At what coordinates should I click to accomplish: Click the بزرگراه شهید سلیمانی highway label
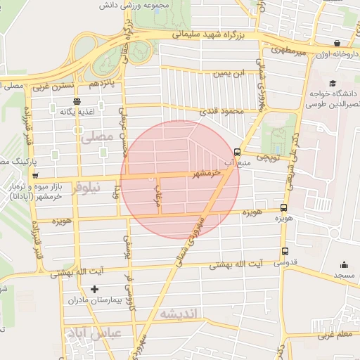[x=209, y=33]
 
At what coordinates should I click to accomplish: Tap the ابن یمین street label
[x=231, y=72]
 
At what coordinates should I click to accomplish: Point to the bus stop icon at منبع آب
[x=236, y=151]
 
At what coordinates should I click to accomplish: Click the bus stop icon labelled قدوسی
[x=285, y=252]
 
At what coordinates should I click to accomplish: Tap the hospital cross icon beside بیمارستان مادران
[x=96, y=289]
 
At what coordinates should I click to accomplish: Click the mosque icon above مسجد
[x=344, y=264]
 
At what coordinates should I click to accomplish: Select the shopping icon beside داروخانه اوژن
[x=337, y=43]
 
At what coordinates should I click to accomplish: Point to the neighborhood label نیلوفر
[x=87, y=187]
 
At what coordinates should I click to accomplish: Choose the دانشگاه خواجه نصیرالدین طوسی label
[x=331, y=98]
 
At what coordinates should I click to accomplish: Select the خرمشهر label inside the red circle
[x=207, y=173]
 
